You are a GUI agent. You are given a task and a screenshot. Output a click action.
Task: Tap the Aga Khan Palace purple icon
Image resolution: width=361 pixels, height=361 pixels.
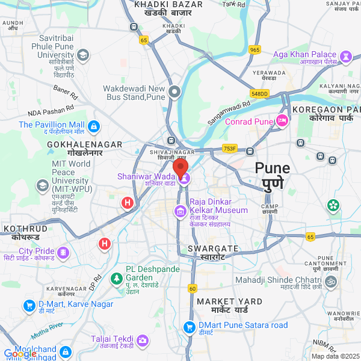coord(345,57)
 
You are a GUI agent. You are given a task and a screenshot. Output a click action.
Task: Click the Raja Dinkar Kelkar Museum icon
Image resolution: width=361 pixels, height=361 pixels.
coord(180,211)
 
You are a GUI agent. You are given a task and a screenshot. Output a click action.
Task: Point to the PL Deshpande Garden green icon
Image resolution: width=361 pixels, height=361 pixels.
coord(116,279)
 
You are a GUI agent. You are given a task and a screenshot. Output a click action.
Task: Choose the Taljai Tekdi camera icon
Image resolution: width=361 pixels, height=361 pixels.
coord(143,341)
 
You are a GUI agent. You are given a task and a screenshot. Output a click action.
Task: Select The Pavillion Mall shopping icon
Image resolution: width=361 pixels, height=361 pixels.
coord(93,126)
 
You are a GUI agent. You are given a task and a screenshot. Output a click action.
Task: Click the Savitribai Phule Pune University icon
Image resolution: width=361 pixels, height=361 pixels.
coord(82,55)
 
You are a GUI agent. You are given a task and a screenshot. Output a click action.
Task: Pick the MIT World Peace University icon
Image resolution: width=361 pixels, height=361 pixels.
coord(43,185)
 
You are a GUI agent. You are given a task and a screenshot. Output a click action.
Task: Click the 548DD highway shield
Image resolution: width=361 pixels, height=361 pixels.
coord(259,93)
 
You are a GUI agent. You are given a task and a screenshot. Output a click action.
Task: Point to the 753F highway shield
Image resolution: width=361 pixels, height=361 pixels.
coord(230,149)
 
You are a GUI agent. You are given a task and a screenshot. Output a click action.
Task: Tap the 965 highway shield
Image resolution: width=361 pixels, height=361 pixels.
coord(255,50)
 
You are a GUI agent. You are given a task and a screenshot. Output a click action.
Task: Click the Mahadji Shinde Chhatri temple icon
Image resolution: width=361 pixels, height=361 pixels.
coord(330,281)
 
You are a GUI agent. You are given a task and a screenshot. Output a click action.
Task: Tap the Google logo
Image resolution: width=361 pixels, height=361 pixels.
coord(20,354)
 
